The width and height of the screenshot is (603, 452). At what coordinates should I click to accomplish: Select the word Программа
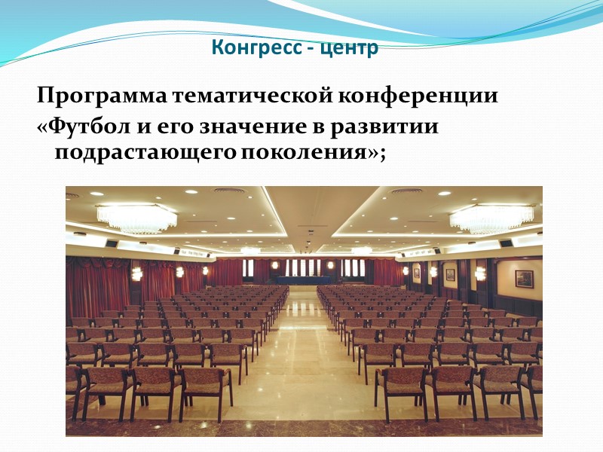(x=103, y=98)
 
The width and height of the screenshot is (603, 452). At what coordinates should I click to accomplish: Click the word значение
(x=240, y=126)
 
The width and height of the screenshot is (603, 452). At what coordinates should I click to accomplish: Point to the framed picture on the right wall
(x=524, y=279)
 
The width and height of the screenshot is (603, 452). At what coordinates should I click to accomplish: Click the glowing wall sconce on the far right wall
(x=480, y=273)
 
